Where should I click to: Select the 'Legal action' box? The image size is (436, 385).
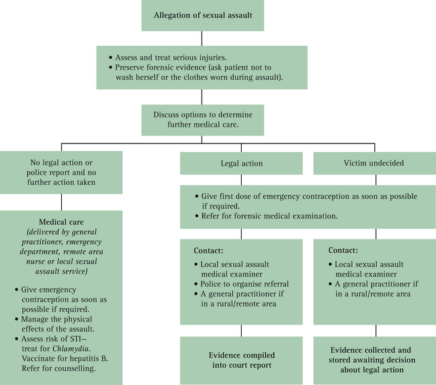point(242,164)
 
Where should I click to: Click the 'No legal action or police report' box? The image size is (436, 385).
point(61,172)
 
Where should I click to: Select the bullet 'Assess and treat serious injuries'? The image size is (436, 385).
point(174,58)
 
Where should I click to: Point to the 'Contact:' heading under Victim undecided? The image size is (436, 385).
point(343,250)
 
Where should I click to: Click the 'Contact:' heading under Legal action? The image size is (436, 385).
point(208,250)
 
